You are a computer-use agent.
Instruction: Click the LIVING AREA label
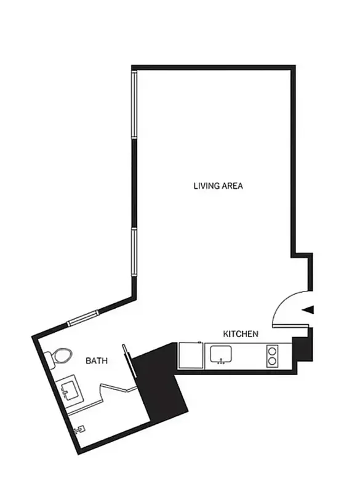click(x=218, y=184)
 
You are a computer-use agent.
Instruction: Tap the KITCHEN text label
click(x=240, y=334)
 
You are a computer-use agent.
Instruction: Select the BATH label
click(x=97, y=361)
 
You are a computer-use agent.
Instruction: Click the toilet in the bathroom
click(x=60, y=356)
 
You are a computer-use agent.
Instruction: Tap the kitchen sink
click(x=221, y=354)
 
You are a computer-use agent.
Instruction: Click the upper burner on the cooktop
click(x=272, y=351)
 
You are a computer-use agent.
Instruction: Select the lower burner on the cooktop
click(x=272, y=360)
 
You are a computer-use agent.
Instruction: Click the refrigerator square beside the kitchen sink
click(x=190, y=356)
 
